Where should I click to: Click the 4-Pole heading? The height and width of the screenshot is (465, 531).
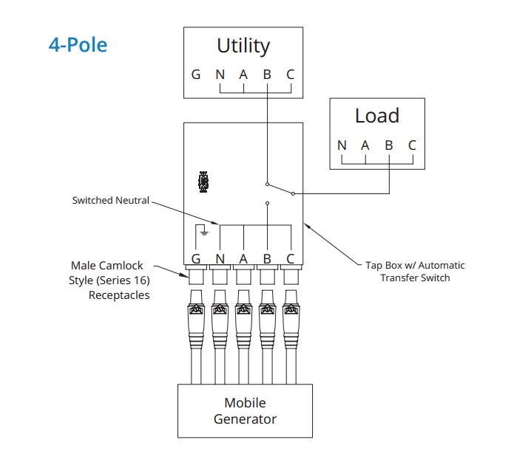click(x=78, y=45)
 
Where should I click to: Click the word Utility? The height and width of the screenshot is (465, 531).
click(x=243, y=46)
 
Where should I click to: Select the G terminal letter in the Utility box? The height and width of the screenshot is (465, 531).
click(x=196, y=75)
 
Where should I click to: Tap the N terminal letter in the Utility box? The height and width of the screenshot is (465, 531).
click(x=220, y=75)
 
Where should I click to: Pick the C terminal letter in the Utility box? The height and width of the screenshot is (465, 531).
click(x=291, y=75)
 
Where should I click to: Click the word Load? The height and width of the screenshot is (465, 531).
click(x=376, y=116)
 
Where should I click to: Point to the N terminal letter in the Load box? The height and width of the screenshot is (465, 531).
click(x=342, y=145)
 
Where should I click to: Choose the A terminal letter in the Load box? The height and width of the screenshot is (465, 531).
click(x=365, y=145)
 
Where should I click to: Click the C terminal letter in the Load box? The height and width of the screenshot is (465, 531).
click(x=412, y=145)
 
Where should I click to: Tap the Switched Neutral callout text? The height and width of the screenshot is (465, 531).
click(x=110, y=200)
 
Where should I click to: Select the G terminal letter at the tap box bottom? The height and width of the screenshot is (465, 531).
click(x=196, y=259)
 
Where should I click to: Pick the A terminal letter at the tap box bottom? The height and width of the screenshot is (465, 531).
click(x=243, y=259)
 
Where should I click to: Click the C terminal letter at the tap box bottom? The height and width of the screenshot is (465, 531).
click(x=291, y=259)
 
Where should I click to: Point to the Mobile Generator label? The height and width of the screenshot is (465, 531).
click(x=245, y=411)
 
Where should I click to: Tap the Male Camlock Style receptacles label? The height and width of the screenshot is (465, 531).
click(x=110, y=280)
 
